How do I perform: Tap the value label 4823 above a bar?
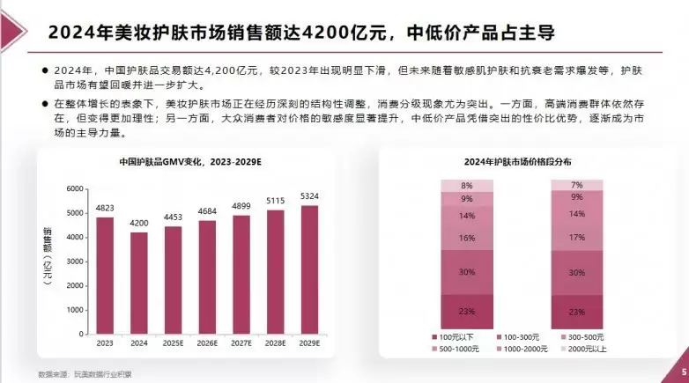[105, 209]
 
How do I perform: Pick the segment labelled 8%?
[466, 186]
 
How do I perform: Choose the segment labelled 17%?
[577, 237]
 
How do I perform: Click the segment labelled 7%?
[577, 185]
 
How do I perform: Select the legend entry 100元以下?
[455, 337]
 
